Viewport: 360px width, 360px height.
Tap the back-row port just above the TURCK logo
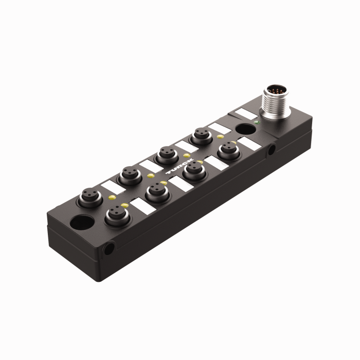click(165, 154)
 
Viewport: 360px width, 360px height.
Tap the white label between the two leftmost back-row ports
click(110, 187)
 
